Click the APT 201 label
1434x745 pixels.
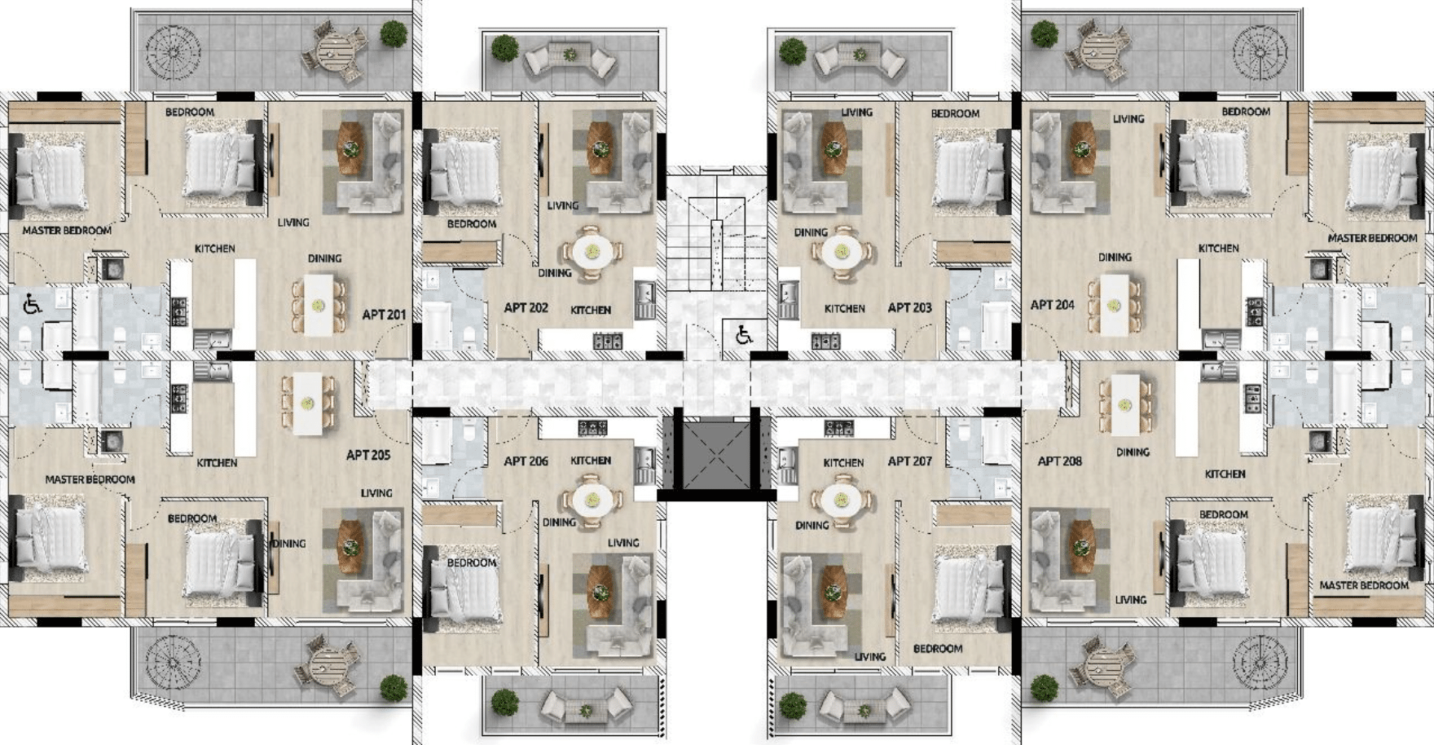coord(384,314)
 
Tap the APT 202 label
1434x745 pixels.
coord(526,307)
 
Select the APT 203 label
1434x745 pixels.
coord(909,307)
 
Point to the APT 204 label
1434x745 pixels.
coord(1052,304)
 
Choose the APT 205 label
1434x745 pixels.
coord(368,455)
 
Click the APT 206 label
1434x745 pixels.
coord(526,461)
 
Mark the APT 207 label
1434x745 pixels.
coord(909,461)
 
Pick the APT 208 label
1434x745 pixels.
coord(1059,461)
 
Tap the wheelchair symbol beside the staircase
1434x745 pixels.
coord(743,334)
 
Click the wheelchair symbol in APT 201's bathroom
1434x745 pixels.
coord(32,304)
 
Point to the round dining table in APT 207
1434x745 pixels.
coord(840,499)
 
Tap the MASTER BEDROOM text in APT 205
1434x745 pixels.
coord(90,479)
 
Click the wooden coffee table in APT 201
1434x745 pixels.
coord(351,148)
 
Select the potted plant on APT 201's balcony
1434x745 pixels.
coord(394,34)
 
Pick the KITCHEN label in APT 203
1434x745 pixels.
coord(844,308)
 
